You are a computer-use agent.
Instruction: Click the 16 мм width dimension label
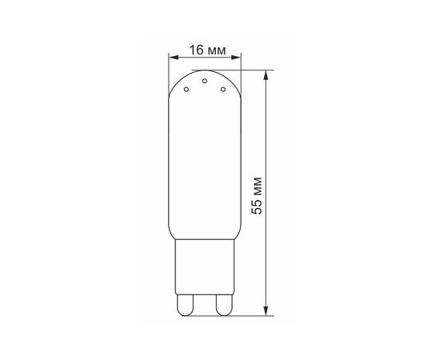point(207,50)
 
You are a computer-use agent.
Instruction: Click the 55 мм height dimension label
point(257,195)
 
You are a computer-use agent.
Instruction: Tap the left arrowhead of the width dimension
point(174,58)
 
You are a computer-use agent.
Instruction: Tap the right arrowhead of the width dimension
point(236,58)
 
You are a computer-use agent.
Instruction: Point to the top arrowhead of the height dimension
point(266,75)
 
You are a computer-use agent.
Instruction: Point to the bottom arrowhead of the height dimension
point(266,310)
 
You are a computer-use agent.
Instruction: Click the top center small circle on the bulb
point(205,81)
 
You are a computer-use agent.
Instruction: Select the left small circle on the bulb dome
point(186,90)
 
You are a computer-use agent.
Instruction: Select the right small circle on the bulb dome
point(223,90)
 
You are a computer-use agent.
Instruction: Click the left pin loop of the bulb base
point(185,306)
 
